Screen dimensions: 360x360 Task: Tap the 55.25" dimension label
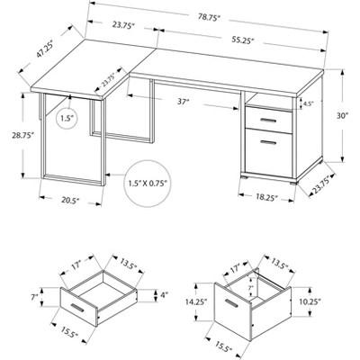[243, 40]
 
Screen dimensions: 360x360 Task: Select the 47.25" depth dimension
[45, 49]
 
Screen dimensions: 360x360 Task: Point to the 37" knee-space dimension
[184, 102]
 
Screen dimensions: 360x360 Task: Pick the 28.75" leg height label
[22, 135]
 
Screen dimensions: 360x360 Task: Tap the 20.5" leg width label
[70, 200]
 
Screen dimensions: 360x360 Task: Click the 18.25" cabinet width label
[266, 198]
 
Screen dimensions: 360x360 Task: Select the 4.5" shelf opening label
[308, 103]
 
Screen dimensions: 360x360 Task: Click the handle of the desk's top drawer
[268, 121]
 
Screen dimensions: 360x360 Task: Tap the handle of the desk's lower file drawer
[268, 142]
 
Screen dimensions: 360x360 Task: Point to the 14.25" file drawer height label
[197, 302]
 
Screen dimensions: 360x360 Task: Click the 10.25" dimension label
[310, 301]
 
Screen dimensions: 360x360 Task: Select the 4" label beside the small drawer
[165, 294]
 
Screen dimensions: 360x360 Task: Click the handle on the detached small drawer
[78, 308]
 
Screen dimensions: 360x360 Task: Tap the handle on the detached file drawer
[232, 303]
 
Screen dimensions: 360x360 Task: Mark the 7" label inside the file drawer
[250, 287]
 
